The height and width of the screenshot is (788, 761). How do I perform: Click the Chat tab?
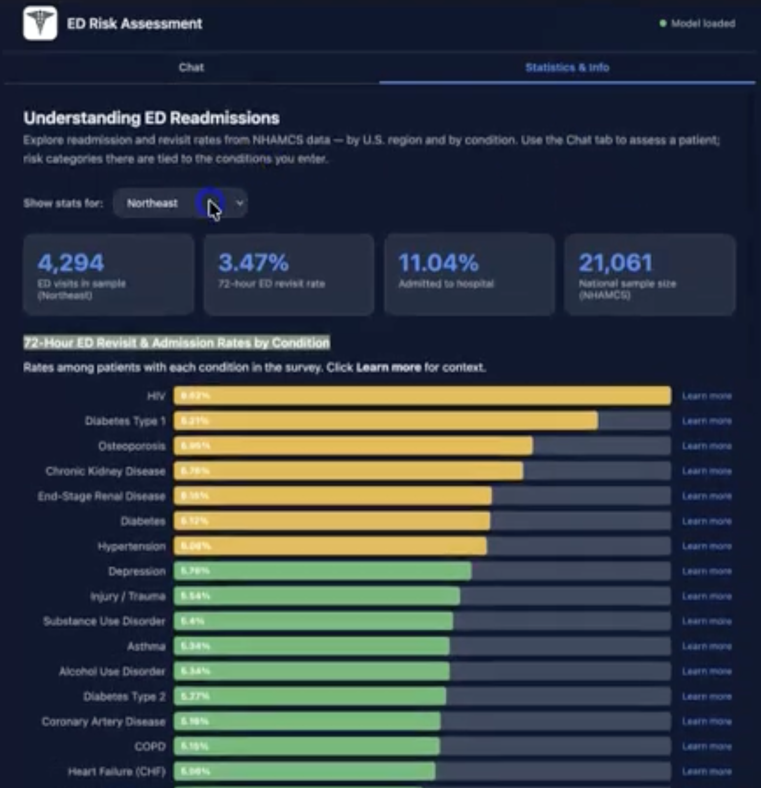191,68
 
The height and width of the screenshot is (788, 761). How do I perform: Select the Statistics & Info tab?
567,68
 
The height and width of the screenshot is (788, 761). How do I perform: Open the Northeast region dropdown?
180,203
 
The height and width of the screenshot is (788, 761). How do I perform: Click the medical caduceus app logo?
40,23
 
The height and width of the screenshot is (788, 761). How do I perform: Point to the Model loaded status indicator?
697,23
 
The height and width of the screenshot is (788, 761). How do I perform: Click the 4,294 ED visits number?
71,262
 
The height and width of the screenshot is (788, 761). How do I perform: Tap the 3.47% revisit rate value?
253,262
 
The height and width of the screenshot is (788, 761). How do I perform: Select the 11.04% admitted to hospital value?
438,262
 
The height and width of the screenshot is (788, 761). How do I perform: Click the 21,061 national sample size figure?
615,262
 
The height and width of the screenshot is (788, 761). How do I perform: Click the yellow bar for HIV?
422,396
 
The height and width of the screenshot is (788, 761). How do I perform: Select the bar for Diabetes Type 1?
386,421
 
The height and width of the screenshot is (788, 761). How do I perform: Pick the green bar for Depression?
322,571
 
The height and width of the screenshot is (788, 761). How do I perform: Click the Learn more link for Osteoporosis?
706,446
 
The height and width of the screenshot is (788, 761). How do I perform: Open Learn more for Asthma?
706,646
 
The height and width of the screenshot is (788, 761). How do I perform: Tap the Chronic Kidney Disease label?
106,471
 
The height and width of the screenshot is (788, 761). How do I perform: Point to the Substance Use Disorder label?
104,621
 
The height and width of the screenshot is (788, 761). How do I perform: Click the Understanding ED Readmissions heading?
151,118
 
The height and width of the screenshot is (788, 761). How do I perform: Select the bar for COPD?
307,746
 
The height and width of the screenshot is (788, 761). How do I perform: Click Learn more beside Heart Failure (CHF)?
706,771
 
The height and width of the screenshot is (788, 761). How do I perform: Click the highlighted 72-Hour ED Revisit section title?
177,343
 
